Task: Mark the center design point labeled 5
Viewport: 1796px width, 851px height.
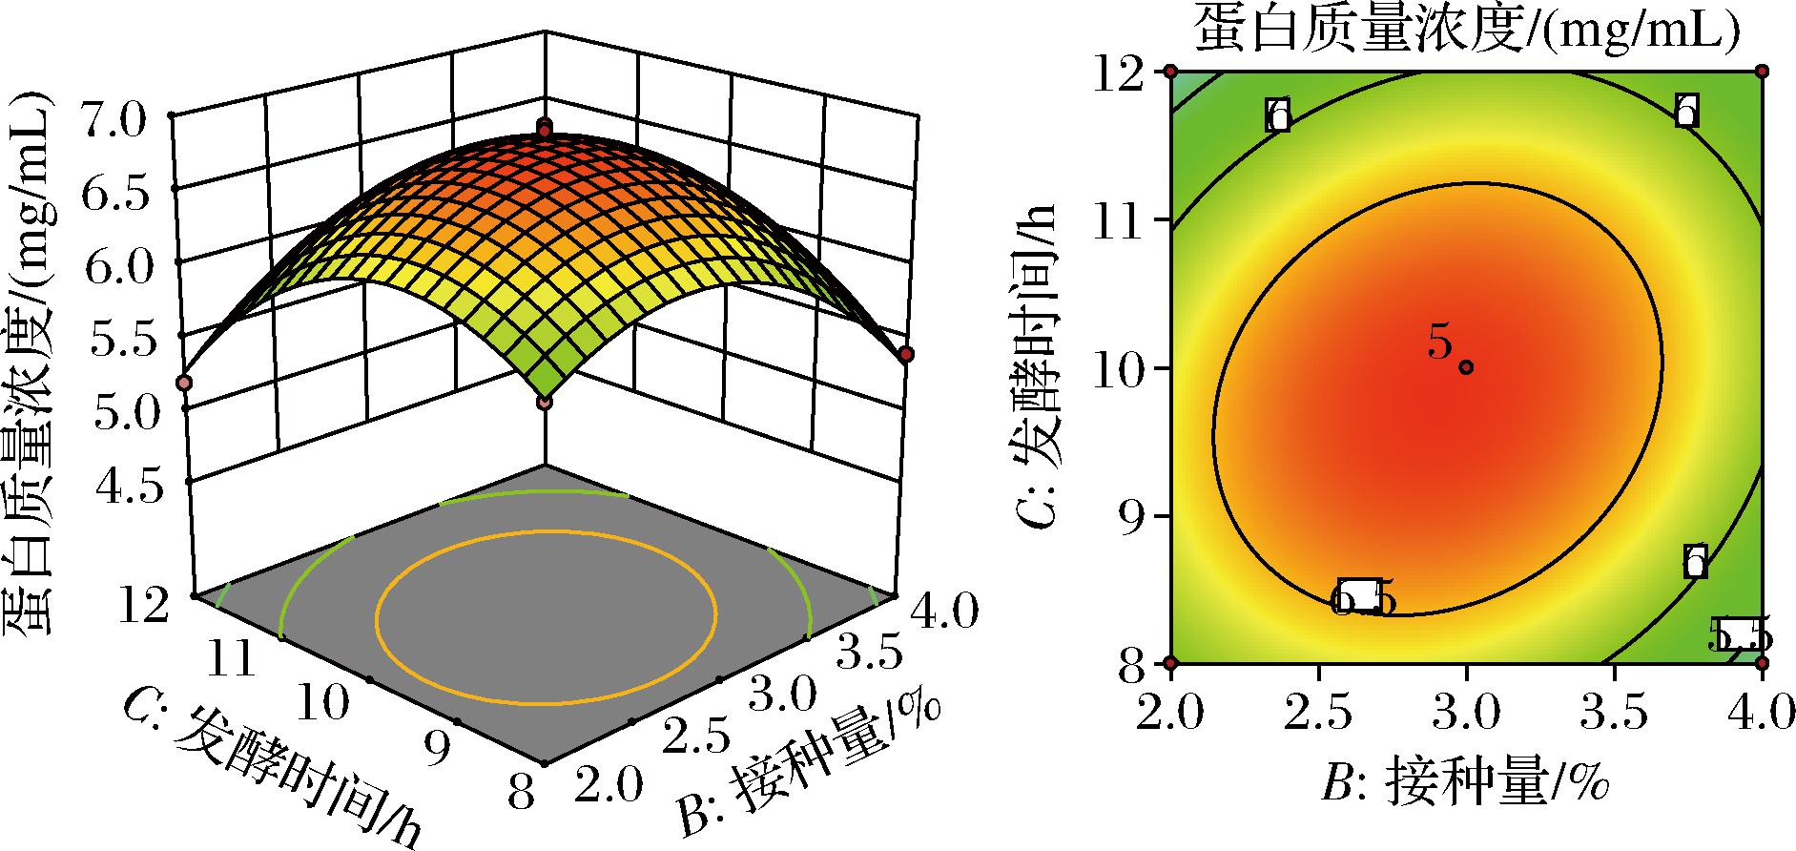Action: (x=1466, y=367)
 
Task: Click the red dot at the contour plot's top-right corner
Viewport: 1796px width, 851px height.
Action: (x=1762, y=71)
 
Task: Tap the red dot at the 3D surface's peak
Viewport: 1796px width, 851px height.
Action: (x=545, y=128)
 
